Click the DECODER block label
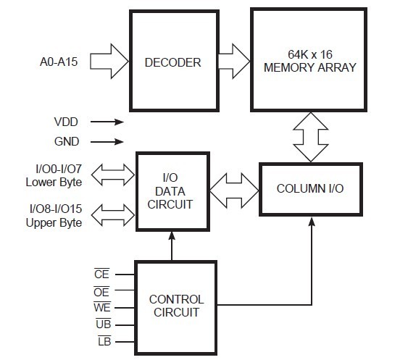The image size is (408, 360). pyautogui.click(x=172, y=62)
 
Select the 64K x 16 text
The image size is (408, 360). pyautogui.click(x=310, y=54)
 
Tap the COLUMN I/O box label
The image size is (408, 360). pyautogui.click(x=310, y=188)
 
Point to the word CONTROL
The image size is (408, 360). pyautogui.click(x=176, y=299)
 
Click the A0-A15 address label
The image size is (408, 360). pyautogui.click(x=59, y=62)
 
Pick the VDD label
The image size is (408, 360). pyautogui.click(x=66, y=122)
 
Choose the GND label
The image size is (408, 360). pyautogui.click(x=67, y=141)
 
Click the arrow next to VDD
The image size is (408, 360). pyautogui.click(x=107, y=122)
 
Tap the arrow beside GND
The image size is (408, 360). pyautogui.click(x=107, y=142)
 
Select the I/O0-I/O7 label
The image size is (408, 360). pyautogui.click(x=59, y=169)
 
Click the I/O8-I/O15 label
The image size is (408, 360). pyautogui.click(x=56, y=209)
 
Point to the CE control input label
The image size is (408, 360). pyautogui.click(x=101, y=274)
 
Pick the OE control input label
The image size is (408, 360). pyautogui.click(x=101, y=292)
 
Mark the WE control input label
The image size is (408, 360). pyautogui.click(x=102, y=307)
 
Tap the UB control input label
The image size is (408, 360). pyautogui.click(x=104, y=324)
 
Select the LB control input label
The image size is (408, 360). pyautogui.click(x=104, y=341)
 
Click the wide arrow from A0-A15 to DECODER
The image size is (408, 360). pyautogui.click(x=109, y=62)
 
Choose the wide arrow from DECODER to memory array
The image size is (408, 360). pyautogui.click(x=234, y=62)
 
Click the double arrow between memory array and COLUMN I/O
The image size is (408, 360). pyautogui.click(x=311, y=137)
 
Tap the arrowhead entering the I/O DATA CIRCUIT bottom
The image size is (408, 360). pyautogui.click(x=172, y=235)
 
